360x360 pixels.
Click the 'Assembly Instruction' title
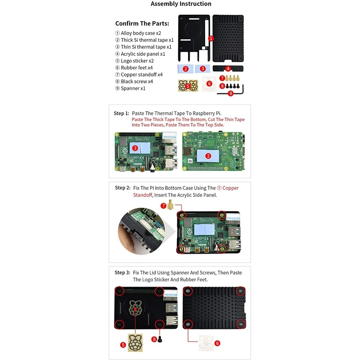[x=181, y=4]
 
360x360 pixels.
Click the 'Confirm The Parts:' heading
[x=142, y=23]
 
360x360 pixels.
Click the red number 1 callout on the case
[x=211, y=39]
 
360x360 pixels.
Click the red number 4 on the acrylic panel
[x=228, y=69]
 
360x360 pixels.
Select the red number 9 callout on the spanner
[x=230, y=93]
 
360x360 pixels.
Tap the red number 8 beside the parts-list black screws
[x=222, y=85]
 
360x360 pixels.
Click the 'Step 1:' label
[x=121, y=113]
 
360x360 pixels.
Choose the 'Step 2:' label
[x=122, y=188]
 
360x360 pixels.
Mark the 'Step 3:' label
[x=122, y=273]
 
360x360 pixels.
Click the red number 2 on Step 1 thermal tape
[x=208, y=156]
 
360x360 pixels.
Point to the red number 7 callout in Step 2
[x=163, y=206]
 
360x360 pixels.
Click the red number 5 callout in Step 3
[x=122, y=345]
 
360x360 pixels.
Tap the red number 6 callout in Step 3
[x=217, y=343]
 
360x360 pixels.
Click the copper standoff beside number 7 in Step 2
[x=171, y=207]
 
